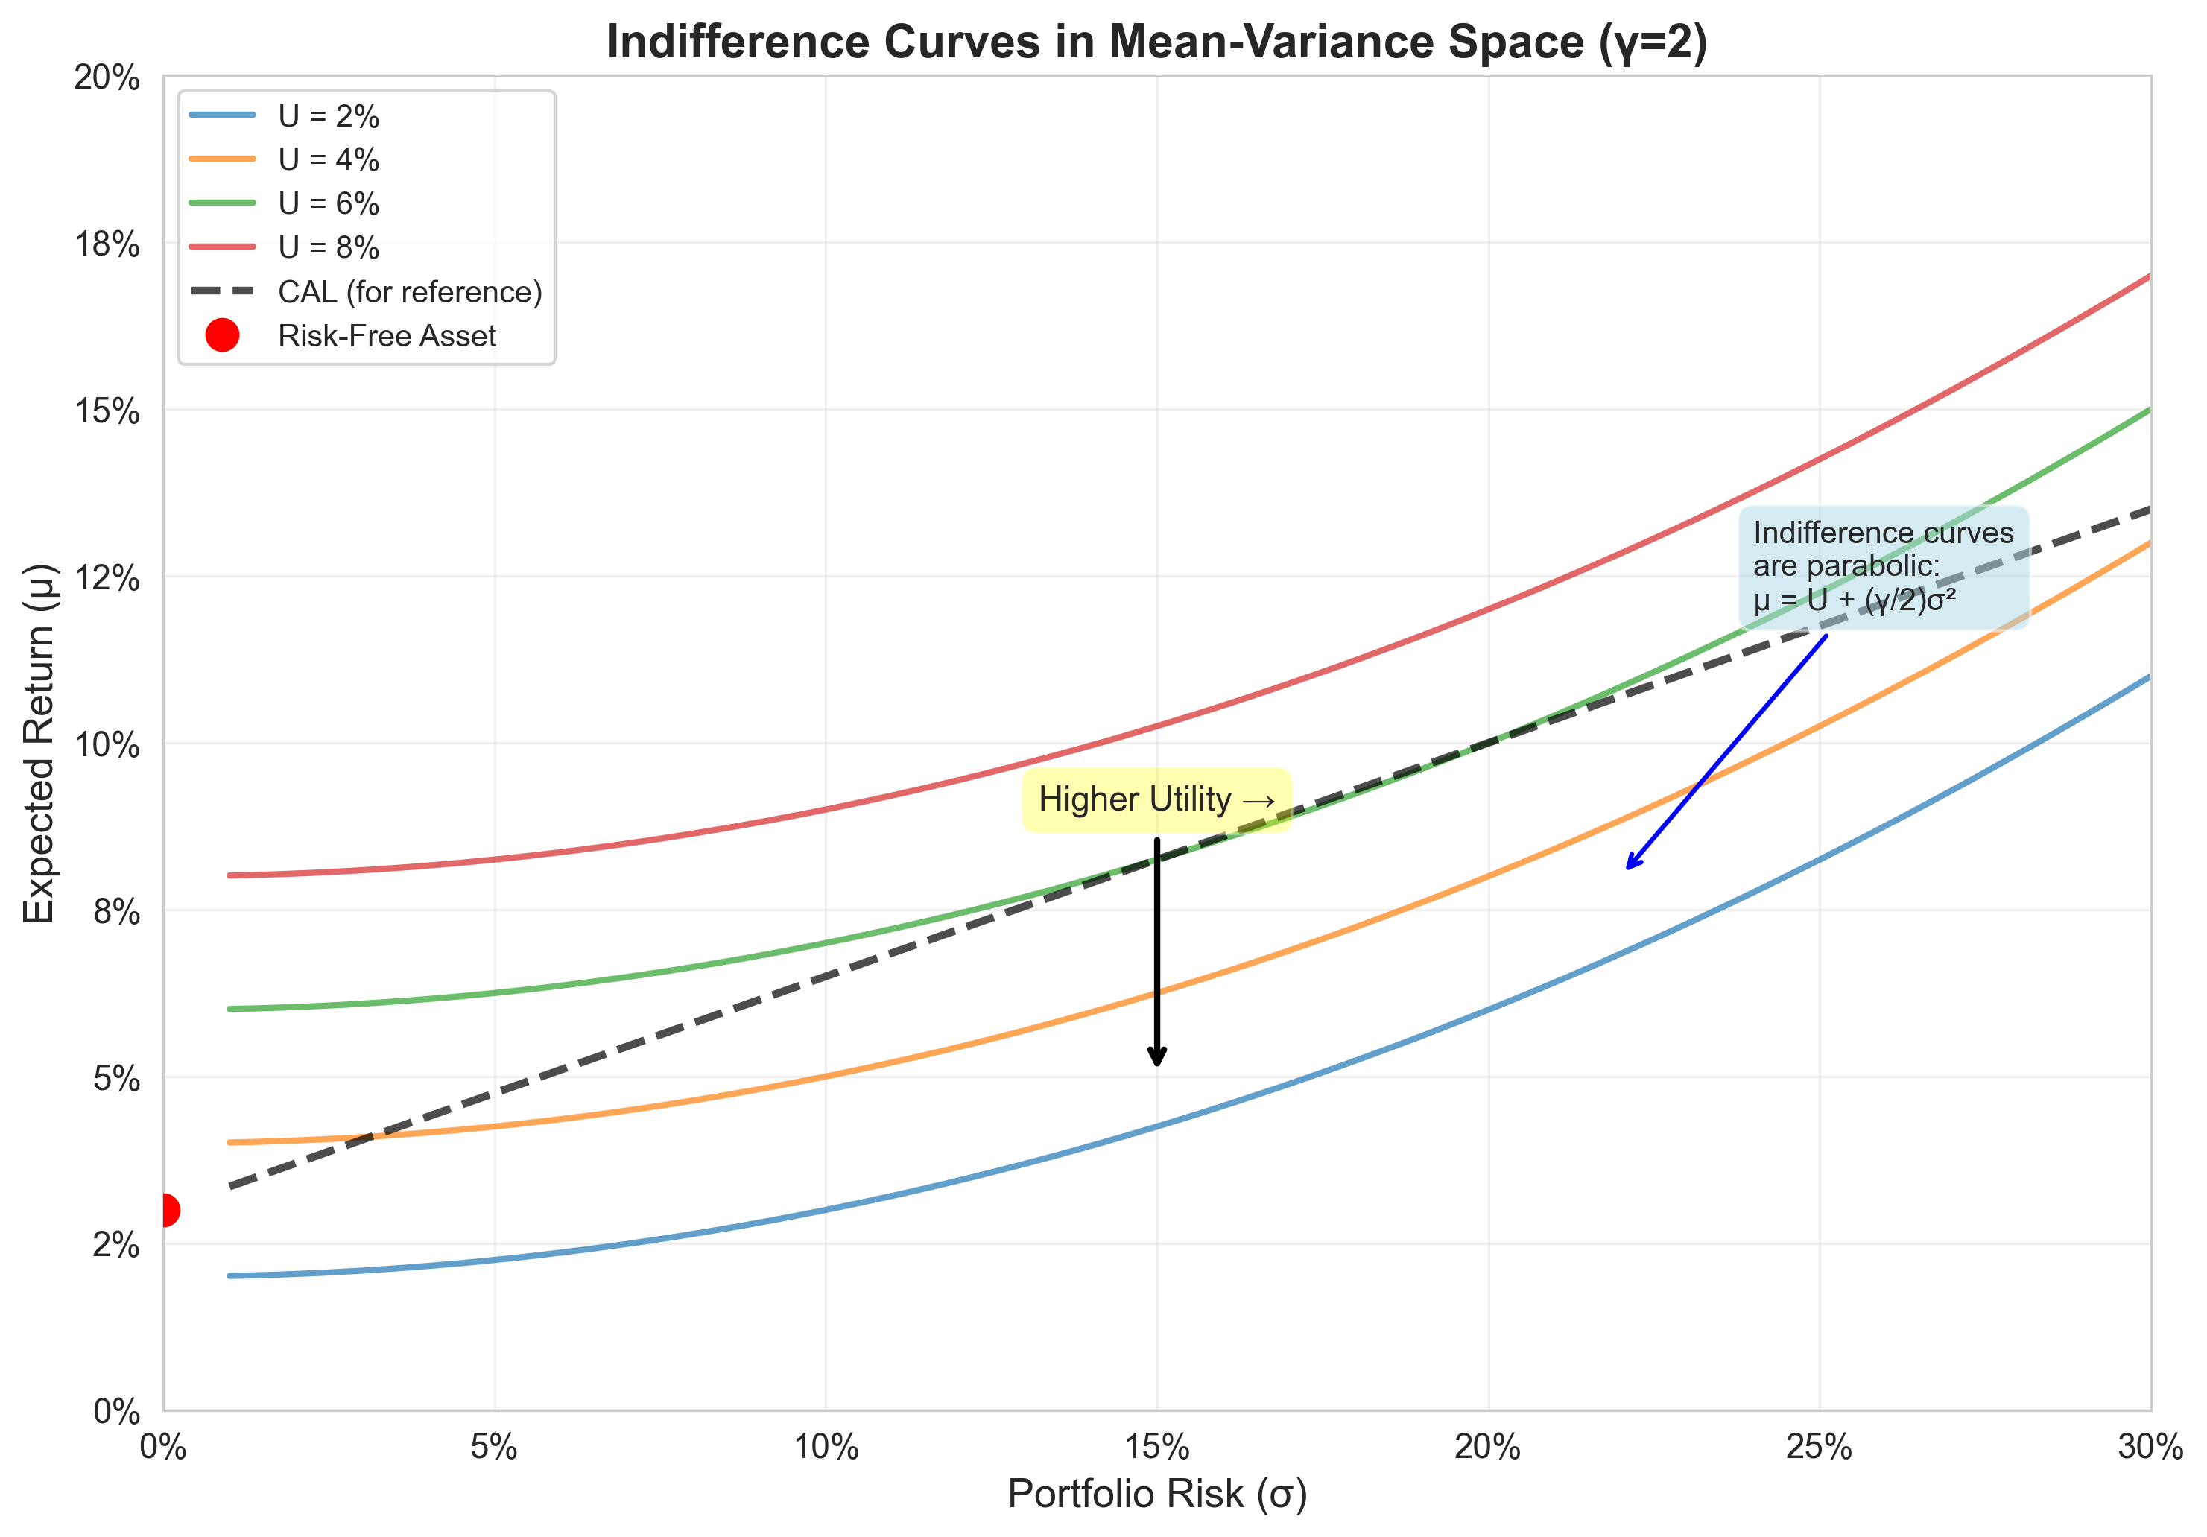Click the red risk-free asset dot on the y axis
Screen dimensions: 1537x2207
tap(165, 1209)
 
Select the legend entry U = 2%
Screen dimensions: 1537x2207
tap(328, 116)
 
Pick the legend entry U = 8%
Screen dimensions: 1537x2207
tap(328, 248)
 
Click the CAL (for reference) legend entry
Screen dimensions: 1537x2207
tap(410, 291)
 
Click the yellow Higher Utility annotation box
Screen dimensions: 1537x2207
tap(1156, 799)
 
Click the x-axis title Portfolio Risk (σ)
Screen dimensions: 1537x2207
tap(1156, 1494)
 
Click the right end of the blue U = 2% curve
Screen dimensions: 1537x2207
tap(2150, 676)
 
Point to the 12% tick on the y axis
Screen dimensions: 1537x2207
tap(107, 577)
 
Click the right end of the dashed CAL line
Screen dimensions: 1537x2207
tap(2150, 510)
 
